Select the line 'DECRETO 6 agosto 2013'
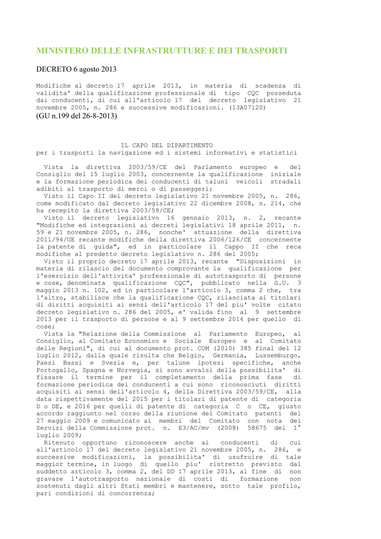click(76, 69)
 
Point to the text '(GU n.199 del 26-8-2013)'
click(77, 116)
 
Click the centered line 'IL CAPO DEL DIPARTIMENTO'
click(167, 145)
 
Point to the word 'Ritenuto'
click(60, 443)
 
